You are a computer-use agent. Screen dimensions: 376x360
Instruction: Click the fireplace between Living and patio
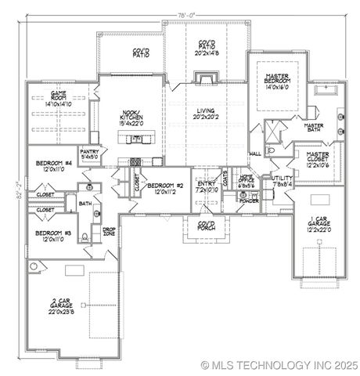206,78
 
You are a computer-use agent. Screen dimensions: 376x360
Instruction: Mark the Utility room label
282,180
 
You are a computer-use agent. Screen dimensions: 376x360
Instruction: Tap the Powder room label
250,201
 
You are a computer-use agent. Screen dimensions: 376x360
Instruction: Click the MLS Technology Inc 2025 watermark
279,365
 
